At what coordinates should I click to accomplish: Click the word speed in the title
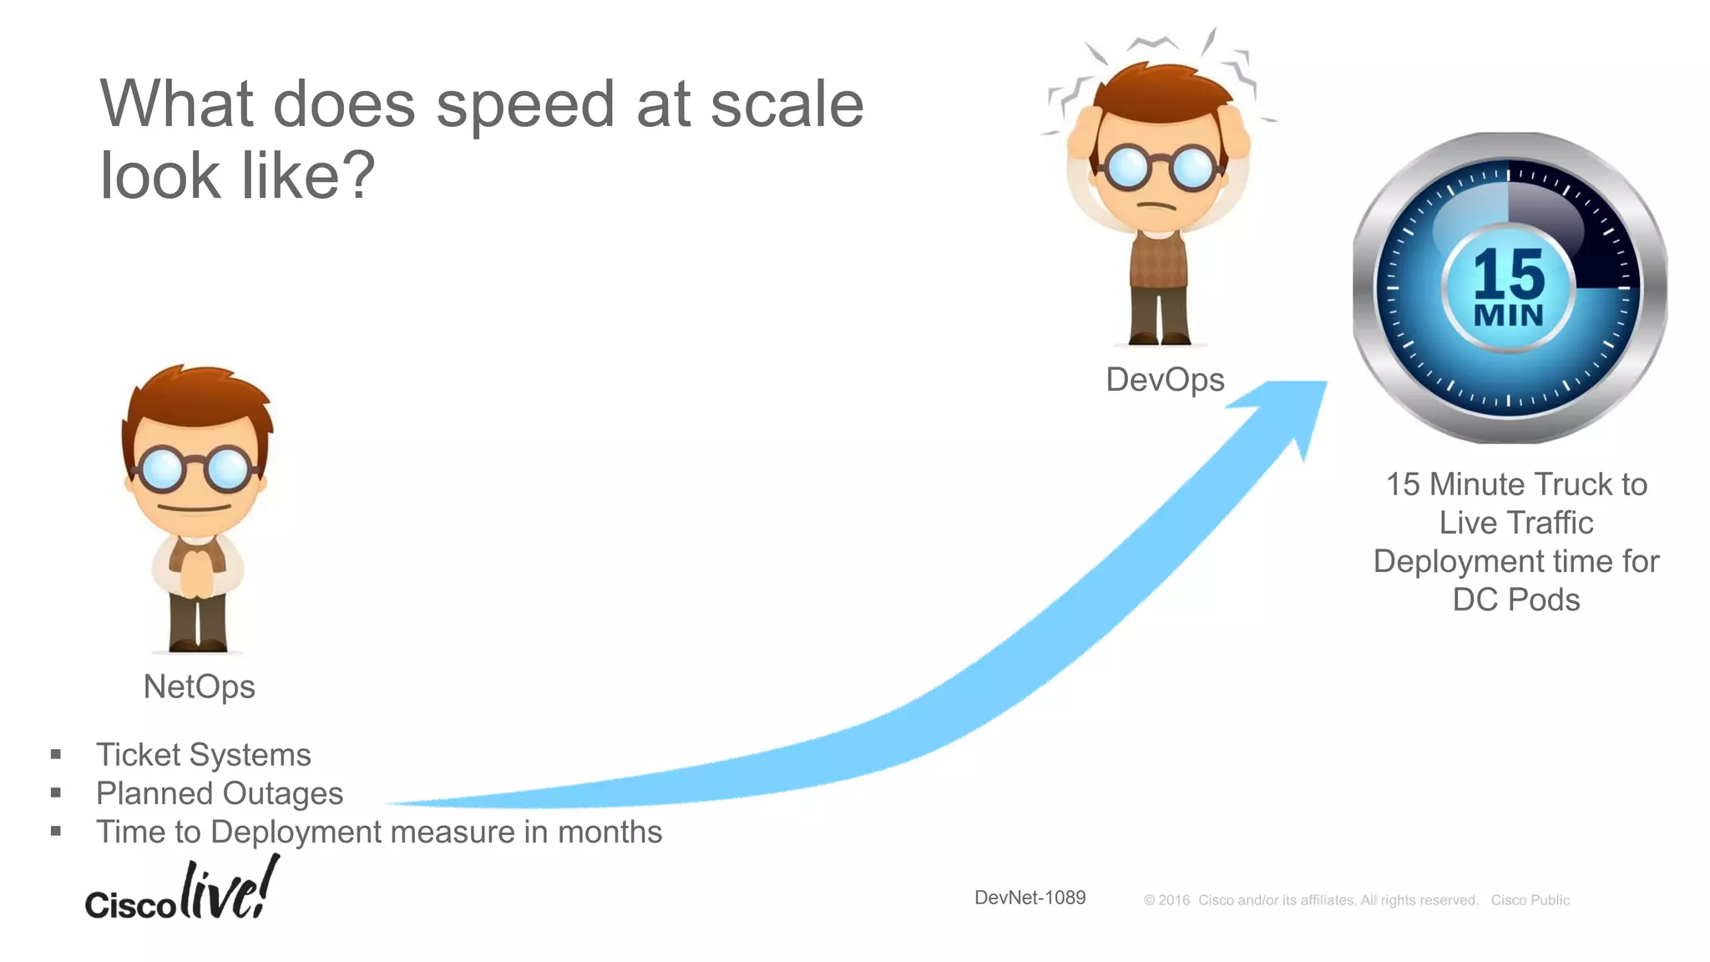pos(526,107)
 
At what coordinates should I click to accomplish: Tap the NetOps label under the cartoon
pos(199,686)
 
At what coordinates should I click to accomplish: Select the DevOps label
pos(1165,380)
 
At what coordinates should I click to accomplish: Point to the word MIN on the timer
pos(1509,316)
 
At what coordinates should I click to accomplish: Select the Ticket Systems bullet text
pos(204,755)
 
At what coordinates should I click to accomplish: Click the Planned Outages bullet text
pos(220,793)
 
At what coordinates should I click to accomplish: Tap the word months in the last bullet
pos(610,833)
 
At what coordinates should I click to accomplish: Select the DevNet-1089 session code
pos(1030,898)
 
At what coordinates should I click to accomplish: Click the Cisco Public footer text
pos(1530,900)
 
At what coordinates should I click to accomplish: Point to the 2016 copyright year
pos(1174,900)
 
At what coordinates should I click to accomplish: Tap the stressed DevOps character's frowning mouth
pos(1157,205)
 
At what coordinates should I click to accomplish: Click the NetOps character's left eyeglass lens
pos(161,469)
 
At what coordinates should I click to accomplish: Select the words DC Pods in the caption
pos(1515,600)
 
